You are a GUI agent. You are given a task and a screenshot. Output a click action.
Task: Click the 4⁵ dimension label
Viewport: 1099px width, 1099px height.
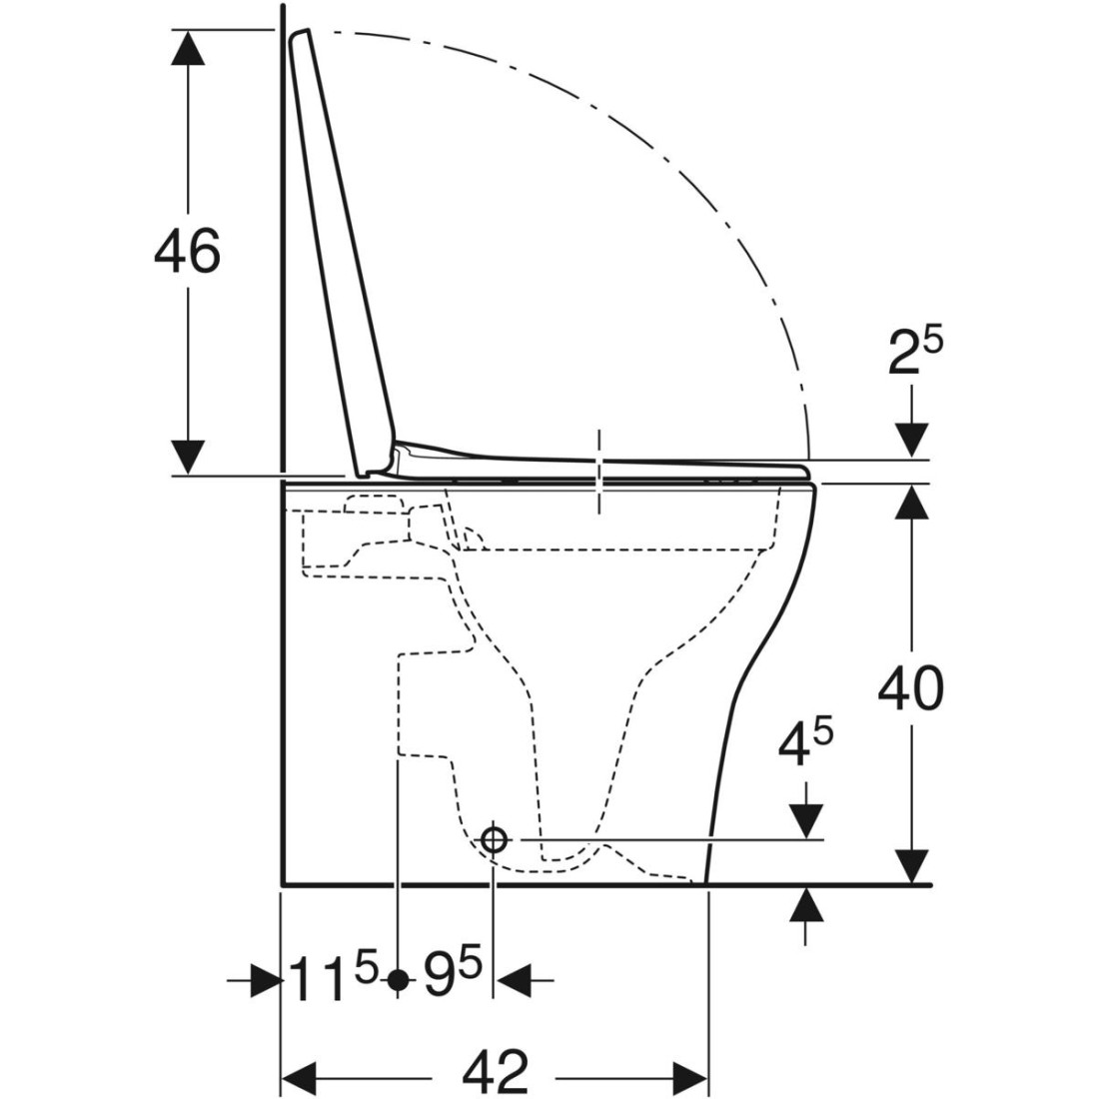point(805,744)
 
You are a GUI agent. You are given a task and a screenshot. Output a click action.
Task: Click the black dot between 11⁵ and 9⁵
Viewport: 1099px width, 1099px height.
point(398,979)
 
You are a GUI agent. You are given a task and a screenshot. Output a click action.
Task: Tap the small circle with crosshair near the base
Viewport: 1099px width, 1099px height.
point(494,838)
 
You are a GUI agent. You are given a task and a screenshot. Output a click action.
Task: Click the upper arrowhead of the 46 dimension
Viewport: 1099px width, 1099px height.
point(187,48)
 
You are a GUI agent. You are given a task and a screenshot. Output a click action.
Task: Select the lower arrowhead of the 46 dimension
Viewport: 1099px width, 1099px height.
point(187,458)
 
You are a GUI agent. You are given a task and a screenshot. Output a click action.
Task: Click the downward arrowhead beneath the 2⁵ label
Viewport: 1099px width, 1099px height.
point(911,441)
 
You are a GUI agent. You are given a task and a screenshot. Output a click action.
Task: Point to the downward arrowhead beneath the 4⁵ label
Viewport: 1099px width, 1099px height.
point(805,820)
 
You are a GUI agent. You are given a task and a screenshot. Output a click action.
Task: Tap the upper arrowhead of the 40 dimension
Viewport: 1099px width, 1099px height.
point(911,502)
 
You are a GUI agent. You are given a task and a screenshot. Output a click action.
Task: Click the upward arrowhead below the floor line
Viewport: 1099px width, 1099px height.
point(805,904)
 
